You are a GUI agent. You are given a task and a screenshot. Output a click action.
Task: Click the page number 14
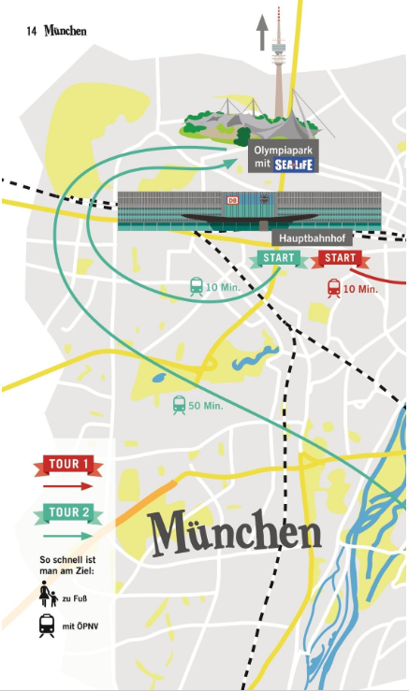coord(31,31)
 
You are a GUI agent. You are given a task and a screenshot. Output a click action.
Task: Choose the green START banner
coord(280,258)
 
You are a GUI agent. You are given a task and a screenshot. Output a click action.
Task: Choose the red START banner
coord(341,258)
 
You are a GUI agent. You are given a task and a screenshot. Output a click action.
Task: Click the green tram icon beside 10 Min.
coord(197,286)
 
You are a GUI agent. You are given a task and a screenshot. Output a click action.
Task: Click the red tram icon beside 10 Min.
coord(334,288)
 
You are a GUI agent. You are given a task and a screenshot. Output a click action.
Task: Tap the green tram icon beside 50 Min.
coord(179,405)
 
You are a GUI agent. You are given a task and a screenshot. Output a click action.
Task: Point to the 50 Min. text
coord(206,406)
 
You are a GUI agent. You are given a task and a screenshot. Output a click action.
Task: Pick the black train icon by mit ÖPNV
coord(45,626)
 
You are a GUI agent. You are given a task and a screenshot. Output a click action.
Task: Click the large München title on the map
coord(235,533)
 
